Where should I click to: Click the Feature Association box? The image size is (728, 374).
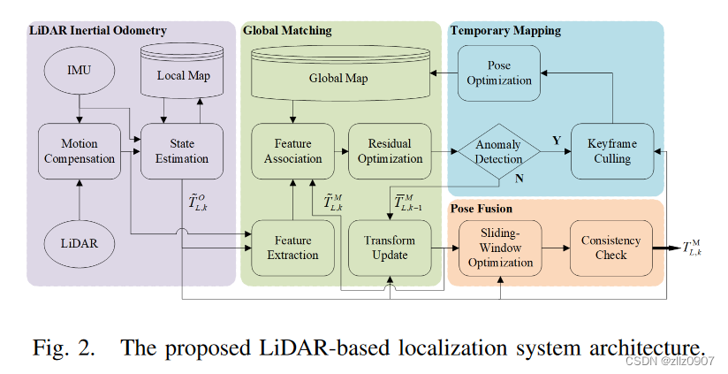click(293, 151)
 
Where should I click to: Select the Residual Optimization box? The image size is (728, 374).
click(390, 151)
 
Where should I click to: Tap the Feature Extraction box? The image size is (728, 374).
click(293, 248)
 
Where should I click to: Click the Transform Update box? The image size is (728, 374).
click(390, 248)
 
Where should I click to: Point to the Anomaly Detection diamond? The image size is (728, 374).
click(499, 151)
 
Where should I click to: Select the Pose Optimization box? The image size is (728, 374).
click(499, 73)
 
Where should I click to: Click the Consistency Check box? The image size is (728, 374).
click(610, 248)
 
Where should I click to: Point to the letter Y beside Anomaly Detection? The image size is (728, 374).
click(557, 141)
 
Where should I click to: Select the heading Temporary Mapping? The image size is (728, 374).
click(505, 31)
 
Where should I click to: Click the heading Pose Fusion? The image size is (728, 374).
click(482, 209)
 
